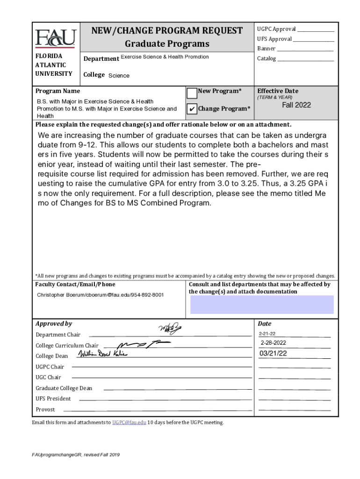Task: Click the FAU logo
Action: point(55,38)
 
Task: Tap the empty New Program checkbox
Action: point(192,93)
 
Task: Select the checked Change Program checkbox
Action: point(192,109)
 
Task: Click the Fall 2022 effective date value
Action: point(296,105)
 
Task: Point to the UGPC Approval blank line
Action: point(316,30)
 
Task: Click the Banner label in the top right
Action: point(266,49)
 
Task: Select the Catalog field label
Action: point(266,59)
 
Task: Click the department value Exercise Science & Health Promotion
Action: point(165,57)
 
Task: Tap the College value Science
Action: point(119,76)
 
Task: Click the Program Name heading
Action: point(58,91)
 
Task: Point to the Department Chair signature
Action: point(170,330)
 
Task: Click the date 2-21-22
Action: point(267,334)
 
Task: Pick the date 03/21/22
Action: point(274,354)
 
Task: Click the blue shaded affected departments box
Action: point(262,305)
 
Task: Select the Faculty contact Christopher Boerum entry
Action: point(100,295)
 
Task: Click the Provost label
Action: point(45,410)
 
